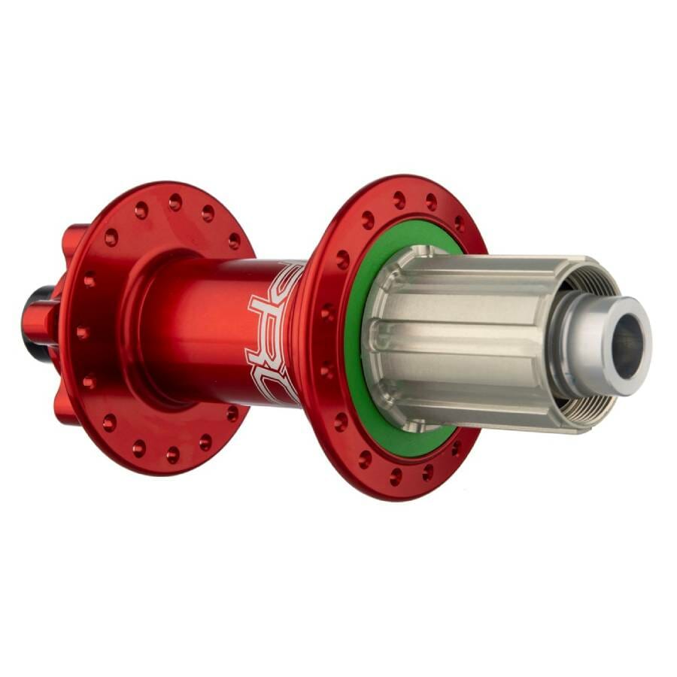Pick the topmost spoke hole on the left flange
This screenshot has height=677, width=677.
pyautogui.click(x=175, y=202)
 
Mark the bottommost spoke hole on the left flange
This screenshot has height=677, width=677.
pyautogui.click(x=172, y=454)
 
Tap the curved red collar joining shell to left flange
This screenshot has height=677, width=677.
pyautogui.click(x=147, y=331)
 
